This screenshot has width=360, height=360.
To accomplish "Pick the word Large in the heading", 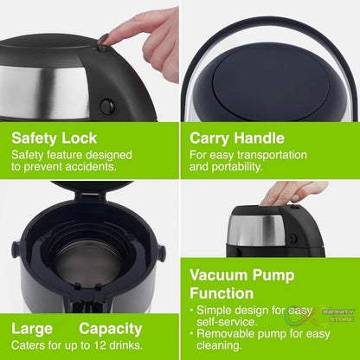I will point(33,329).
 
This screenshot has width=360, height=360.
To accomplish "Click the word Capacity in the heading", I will point(111,329).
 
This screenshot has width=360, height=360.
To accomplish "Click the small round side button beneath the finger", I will point(106,106).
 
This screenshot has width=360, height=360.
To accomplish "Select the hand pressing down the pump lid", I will point(292,192).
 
